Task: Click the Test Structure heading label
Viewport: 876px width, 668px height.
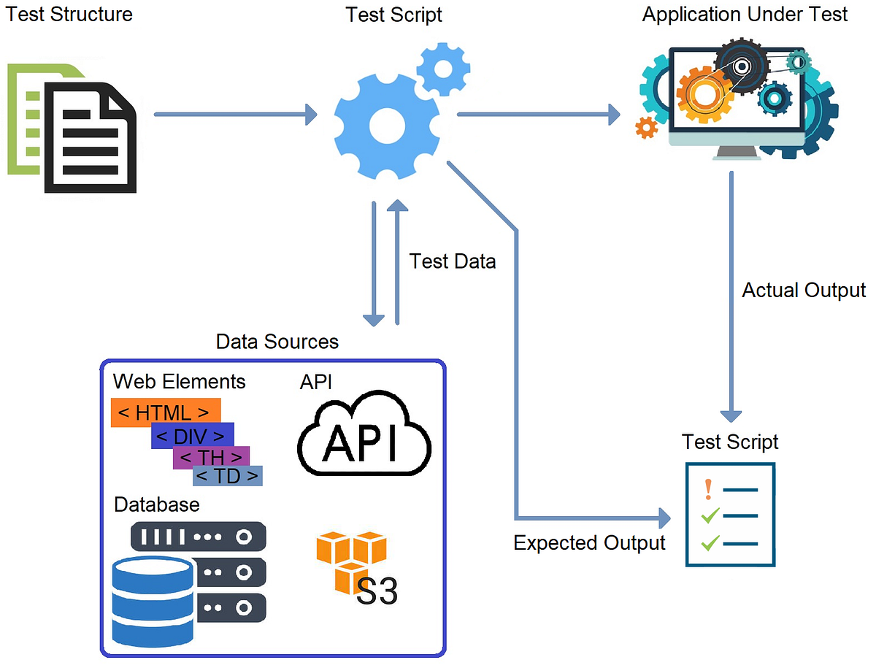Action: (x=69, y=14)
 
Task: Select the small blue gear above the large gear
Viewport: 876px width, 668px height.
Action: (x=440, y=69)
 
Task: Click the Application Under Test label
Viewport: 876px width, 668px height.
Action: (x=745, y=14)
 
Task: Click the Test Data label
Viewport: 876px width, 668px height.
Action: (x=453, y=261)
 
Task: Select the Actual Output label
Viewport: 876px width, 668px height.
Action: (x=804, y=290)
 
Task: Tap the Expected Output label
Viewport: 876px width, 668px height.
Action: (x=589, y=542)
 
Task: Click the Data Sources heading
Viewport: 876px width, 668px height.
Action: (x=277, y=341)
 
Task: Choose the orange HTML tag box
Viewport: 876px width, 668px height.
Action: (x=165, y=412)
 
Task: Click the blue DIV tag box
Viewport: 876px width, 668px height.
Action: (x=192, y=436)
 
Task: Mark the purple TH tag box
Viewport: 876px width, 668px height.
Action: (x=211, y=458)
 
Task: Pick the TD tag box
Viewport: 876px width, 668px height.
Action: (x=228, y=476)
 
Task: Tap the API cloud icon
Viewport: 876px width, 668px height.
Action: (x=364, y=435)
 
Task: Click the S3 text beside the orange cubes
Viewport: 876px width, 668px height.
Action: (x=377, y=591)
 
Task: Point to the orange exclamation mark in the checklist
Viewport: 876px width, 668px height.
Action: (x=707, y=488)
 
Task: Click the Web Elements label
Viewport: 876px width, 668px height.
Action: (x=180, y=381)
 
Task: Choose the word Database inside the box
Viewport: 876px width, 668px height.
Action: (x=157, y=504)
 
